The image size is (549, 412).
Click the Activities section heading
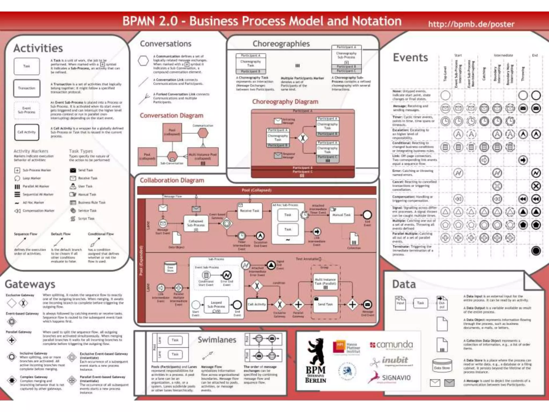(38, 48)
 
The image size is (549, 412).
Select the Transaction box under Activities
(27, 88)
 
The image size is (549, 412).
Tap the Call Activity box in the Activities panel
(27, 132)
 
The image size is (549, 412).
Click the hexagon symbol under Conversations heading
(143, 61)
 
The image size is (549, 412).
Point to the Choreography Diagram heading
(285, 102)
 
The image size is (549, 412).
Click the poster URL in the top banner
(471, 24)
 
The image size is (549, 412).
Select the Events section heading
(410, 57)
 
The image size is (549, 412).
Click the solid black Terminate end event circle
(536, 251)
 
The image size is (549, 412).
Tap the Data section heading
(404, 284)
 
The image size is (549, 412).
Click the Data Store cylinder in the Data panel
(442, 366)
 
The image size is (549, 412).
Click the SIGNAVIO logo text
(396, 378)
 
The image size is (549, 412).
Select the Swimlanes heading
(217, 340)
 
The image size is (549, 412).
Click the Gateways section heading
(30, 284)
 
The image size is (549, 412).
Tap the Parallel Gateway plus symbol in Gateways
(12, 340)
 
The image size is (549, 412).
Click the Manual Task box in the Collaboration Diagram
(341, 215)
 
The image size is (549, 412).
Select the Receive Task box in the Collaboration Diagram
(250, 211)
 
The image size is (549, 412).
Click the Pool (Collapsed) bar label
(257, 190)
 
